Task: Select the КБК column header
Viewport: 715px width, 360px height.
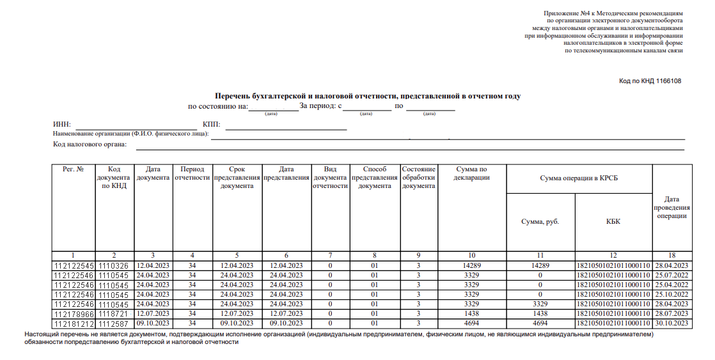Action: (x=613, y=221)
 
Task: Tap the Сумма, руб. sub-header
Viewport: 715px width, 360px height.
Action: (x=540, y=221)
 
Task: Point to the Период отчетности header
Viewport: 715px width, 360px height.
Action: (x=192, y=173)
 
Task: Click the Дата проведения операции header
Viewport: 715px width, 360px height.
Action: (x=672, y=208)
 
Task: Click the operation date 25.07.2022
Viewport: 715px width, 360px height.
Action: (x=672, y=275)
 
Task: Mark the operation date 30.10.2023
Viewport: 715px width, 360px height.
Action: (x=672, y=324)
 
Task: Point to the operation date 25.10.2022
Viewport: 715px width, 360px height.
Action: (x=672, y=294)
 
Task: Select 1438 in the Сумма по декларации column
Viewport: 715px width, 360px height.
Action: (x=473, y=314)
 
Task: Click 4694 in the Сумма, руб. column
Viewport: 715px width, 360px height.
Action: (x=540, y=324)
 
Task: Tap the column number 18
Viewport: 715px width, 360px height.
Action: (x=672, y=255)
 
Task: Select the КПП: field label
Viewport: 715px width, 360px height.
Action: (x=211, y=124)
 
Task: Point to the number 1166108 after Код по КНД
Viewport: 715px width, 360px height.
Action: (x=667, y=81)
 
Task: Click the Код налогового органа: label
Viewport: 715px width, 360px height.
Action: (x=90, y=145)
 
